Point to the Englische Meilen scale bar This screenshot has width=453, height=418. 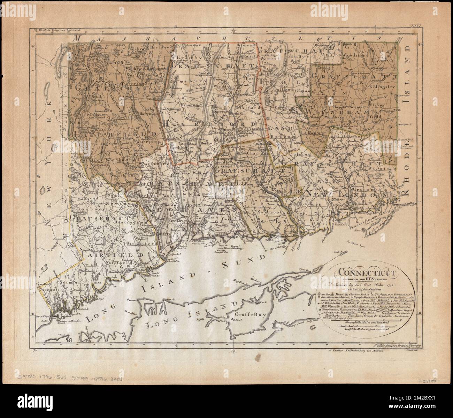point(363,328)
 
